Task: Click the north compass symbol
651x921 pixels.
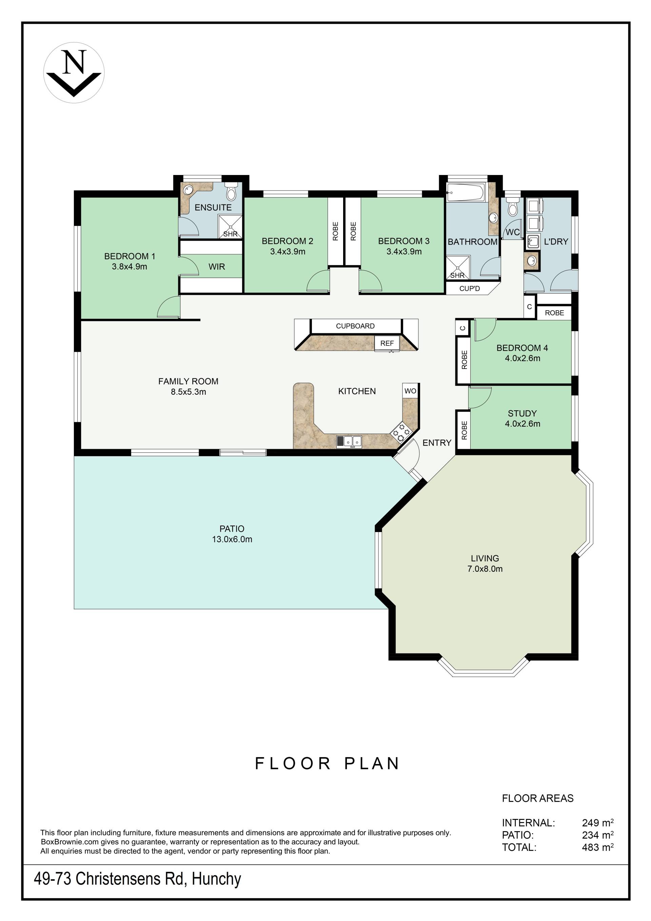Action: click(74, 73)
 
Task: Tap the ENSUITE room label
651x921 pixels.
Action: click(213, 208)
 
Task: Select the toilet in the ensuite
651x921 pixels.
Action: click(231, 192)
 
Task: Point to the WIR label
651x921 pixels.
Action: click(217, 267)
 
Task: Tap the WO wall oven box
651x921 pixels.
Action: click(410, 391)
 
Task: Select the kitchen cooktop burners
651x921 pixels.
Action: click(401, 432)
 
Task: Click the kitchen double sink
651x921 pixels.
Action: click(349, 442)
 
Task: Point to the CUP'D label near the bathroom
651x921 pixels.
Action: click(469, 289)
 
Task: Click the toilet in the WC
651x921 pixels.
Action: click(512, 207)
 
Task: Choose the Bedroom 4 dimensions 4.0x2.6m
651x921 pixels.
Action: click(522, 358)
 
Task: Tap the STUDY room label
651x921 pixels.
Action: click(522, 413)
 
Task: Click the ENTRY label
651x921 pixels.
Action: click(437, 443)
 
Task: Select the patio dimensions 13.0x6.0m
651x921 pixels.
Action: click(232, 539)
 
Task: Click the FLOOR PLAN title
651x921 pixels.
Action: click(327, 763)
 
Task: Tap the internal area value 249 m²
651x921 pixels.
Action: click(598, 822)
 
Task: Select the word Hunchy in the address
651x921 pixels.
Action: click(216, 879)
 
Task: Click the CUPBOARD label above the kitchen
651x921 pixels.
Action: click(355, 326)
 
